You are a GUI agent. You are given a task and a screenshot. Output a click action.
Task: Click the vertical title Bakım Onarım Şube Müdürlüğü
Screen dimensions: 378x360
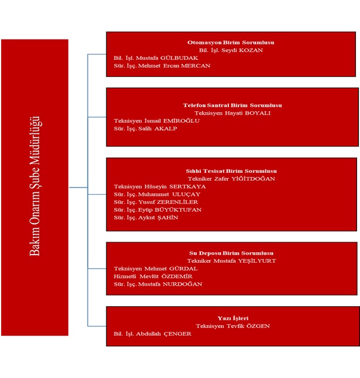35,187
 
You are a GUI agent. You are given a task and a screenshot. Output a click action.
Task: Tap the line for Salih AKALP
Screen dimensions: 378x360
145,128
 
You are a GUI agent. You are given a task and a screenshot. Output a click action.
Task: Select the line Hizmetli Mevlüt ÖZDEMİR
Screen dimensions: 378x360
153,276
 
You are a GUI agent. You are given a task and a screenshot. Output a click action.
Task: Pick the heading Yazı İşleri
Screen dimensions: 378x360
231,318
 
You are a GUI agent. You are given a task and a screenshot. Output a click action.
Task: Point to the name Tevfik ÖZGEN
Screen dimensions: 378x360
248,326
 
